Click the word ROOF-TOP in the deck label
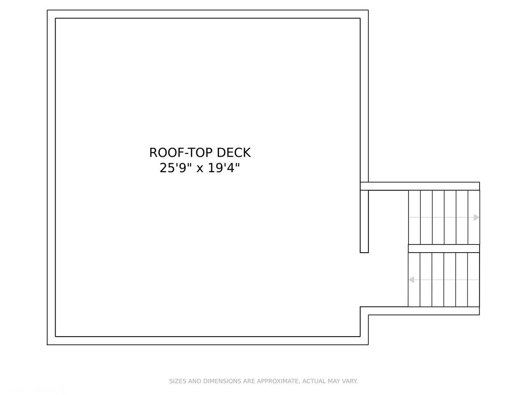coord(181,153)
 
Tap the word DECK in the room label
coord(233,153)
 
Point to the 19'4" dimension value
coord(224,168)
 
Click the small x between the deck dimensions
coord(200,169)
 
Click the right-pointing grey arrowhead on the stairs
coord(476,217)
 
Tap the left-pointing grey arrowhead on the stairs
coord(411,280)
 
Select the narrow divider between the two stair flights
coord(444,249)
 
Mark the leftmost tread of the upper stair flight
coord(414,217)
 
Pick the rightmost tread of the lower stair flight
coord(473,280)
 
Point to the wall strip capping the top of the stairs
coord(420,186)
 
